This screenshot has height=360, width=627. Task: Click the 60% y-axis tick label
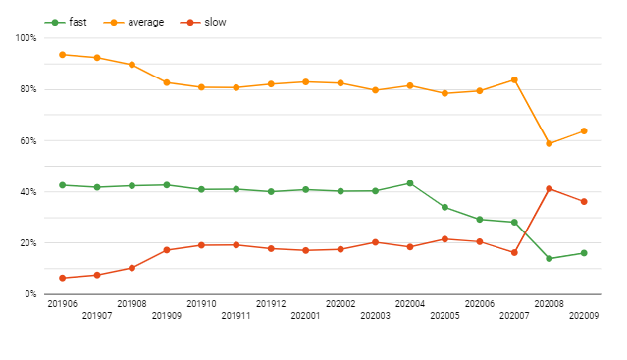tap(26, 140)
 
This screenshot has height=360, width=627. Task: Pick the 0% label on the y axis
tap(30, 293)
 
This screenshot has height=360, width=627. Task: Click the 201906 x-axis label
tap(62, 304)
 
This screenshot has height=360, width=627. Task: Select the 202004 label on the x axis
tap(409, 304)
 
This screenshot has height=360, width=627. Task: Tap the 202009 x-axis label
tap(584, 316)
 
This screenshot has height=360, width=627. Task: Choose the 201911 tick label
tap(235, 316)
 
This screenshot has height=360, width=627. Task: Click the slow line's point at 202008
tap(549, 188)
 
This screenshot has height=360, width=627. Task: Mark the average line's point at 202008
tap(549, 144)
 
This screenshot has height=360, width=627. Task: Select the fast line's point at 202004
tap(409, 183)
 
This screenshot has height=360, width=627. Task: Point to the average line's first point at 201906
tap(62, 55)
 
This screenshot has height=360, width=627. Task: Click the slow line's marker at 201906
tap(62, 278)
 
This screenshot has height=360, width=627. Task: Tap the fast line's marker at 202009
tap(584, 253)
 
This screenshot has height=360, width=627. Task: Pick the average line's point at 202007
tap(514, 80)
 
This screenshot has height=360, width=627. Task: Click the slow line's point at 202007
tap(514, 252)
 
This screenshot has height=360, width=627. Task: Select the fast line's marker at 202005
tap(444, 207)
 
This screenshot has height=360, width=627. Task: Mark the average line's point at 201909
tap(167, 82)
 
